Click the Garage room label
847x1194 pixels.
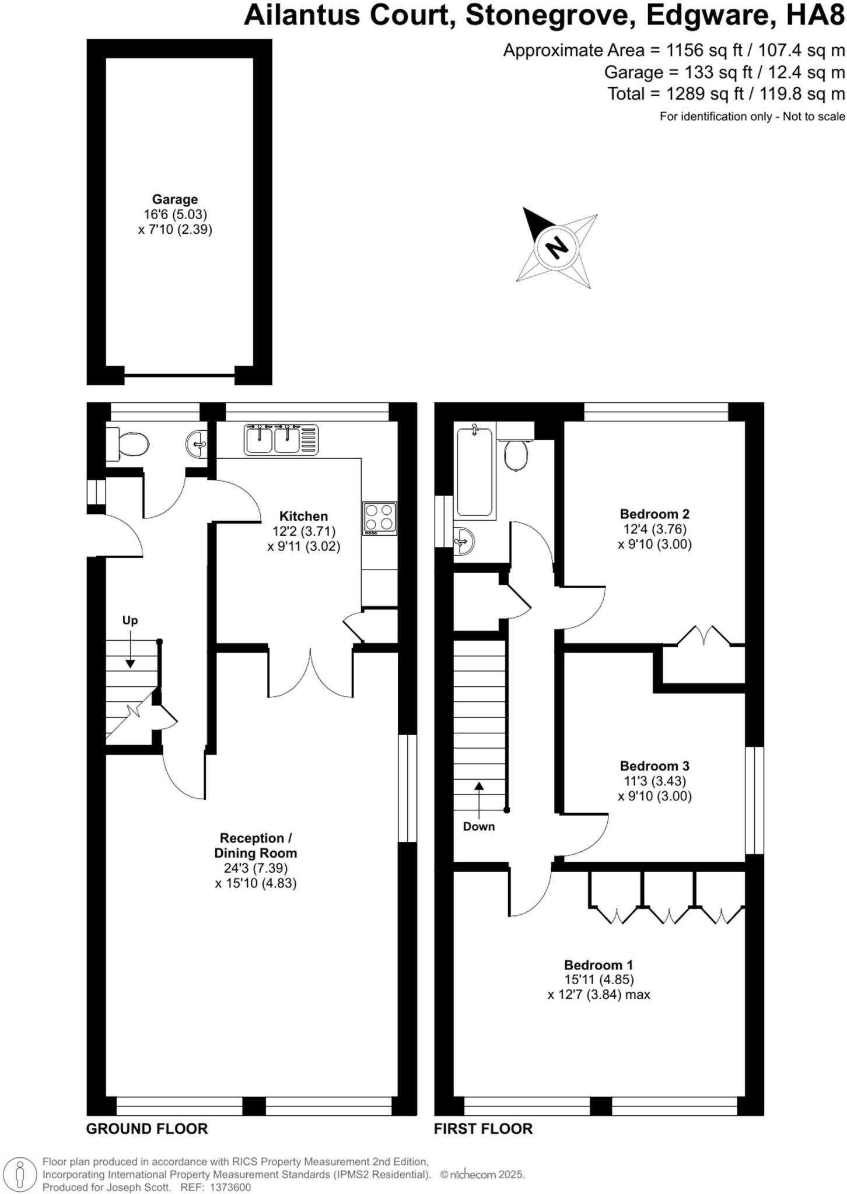175,199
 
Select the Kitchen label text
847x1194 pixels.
303,516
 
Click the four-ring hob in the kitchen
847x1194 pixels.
380,518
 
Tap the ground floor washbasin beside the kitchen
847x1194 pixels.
197,444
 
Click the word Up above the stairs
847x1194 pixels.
130,620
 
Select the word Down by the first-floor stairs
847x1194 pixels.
478,826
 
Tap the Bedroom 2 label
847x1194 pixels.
654,514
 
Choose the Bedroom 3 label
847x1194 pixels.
654,766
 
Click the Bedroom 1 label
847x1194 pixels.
598,965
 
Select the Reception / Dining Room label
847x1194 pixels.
256,845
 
